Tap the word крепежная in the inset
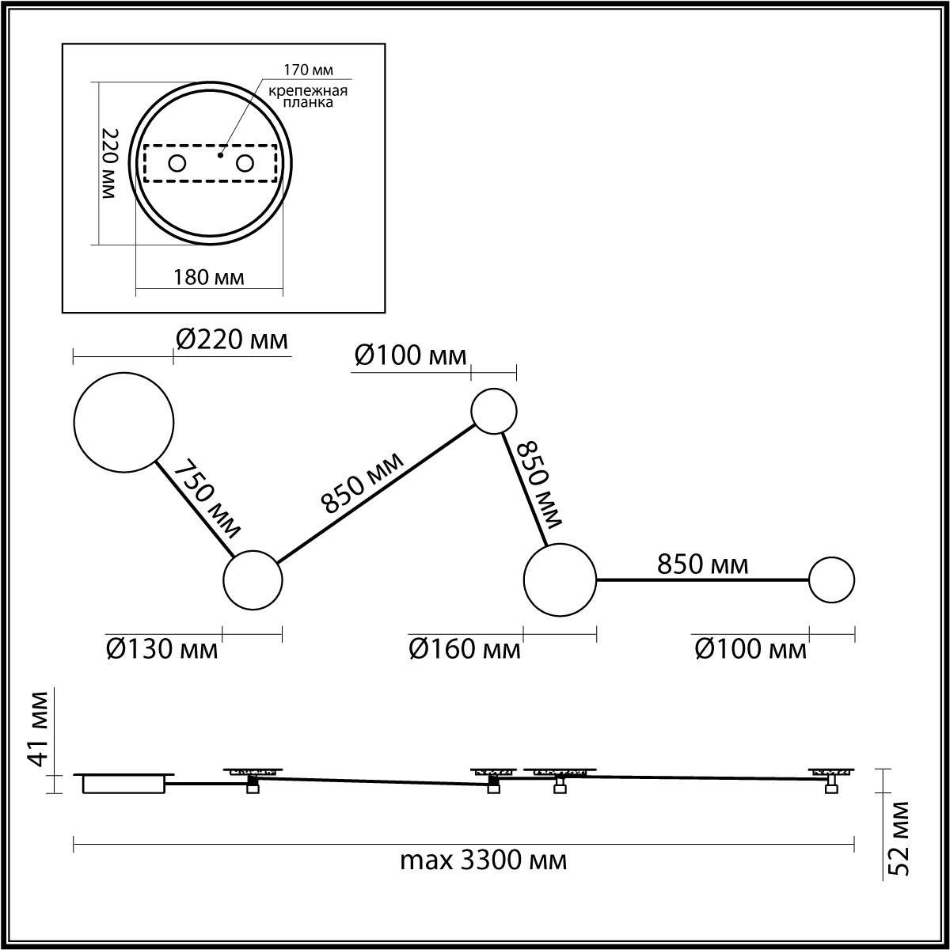point(307,89)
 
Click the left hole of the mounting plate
point(177,163)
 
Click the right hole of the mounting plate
point(245,163)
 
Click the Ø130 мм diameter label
point(161,649)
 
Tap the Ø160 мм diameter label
point(465,649)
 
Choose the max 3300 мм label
point(483,861)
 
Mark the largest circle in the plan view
point(123,423)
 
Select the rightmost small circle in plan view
point(832,580)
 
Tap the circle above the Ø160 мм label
point(560,580)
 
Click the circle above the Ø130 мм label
point(253,580)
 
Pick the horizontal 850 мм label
point(702,564)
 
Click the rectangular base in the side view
point(124,784)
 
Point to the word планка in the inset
point(308,102)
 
